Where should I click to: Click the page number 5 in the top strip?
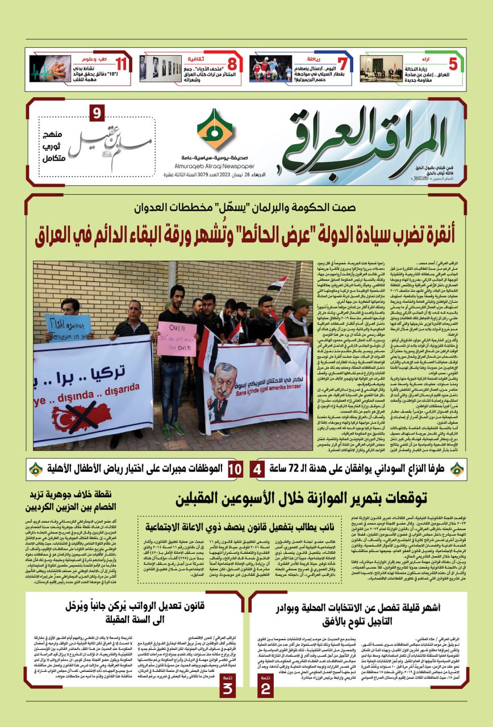(x=453, y=64)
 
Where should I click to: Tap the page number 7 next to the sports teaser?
(x=342, y=64)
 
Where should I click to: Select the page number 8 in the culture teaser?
(x=232, y=64)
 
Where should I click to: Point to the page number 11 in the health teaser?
(x=121, y=64)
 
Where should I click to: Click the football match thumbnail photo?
(x=271, y=68)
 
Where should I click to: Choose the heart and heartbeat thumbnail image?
(x=50, y=68)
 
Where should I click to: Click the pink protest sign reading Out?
(x=177, y=339)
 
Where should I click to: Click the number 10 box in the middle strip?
(x=235, y=470)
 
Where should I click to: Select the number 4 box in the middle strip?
(x=257, y=470)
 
